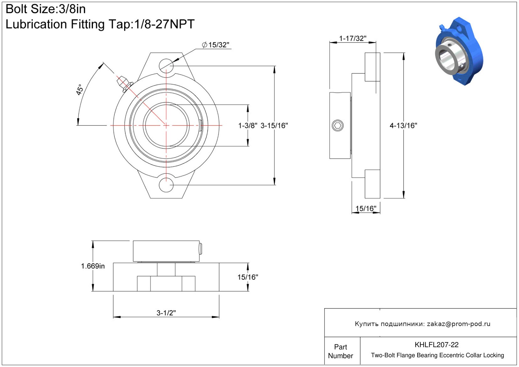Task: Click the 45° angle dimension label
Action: point(79,90)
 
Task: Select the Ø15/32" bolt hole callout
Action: point(216,45)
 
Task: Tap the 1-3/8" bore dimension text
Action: point(248,126)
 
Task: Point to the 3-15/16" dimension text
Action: point(274,126)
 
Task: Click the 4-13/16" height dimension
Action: point(403,126)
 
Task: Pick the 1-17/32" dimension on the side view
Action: point(353,38)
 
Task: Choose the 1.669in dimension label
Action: point(93,266)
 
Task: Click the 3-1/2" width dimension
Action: point(166,313)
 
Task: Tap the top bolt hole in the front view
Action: point(166,66)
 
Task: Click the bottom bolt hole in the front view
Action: point(166,185)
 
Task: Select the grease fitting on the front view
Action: point(124,84)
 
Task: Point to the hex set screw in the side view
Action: point(337,126)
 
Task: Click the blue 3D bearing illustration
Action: point(459,51)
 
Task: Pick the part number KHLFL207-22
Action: point(436,345)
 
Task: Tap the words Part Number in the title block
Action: point(340,351)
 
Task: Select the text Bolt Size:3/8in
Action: point(46,9)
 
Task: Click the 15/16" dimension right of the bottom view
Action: point(248,277)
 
